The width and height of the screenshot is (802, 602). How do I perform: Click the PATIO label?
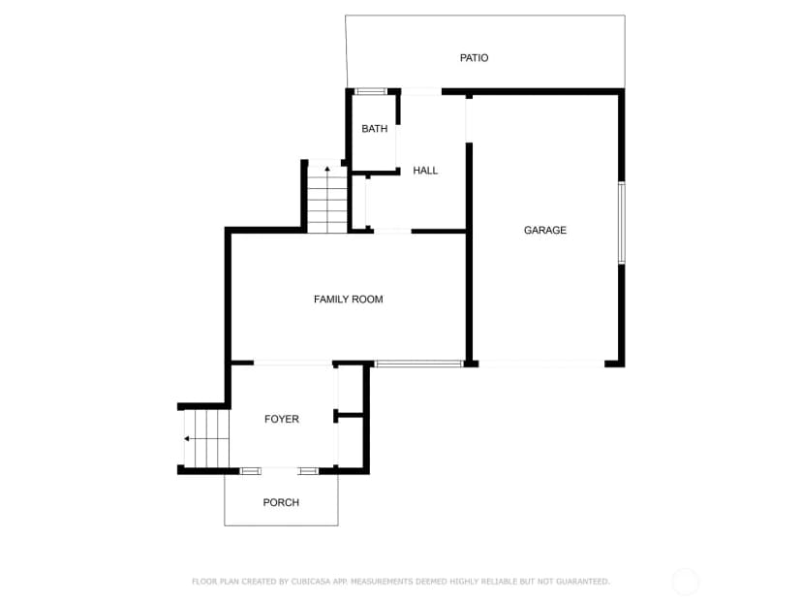click(474, 58)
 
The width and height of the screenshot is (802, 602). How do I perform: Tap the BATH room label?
click(375, 129)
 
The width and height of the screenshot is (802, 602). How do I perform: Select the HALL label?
click(425, 171)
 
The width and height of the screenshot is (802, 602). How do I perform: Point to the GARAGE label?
click(544, 231)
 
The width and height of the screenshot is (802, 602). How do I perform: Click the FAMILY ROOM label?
click(349, 299)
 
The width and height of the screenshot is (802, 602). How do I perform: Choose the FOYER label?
click(281, 419)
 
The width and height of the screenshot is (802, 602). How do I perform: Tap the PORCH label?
click(281, 502)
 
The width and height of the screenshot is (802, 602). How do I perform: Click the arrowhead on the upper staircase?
click(327, 169)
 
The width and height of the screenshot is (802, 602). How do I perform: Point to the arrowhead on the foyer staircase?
click(187, 439)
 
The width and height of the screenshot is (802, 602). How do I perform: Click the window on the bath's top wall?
click(371, 92)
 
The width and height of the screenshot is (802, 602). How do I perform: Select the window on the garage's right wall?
click(622, 223)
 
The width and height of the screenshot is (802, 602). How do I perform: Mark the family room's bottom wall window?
click(418, 364)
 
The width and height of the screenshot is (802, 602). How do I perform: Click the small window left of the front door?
click(250, 471)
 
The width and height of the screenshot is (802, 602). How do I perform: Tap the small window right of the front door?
click(308, 471)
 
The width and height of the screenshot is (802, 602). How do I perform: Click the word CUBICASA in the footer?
click(312, 582)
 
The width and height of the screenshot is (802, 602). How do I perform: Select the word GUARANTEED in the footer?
click(582, 582)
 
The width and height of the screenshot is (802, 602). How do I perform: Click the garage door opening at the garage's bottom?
click(541, 364)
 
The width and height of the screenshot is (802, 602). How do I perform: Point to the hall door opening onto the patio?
click(421, 92)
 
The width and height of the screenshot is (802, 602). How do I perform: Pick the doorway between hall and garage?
click(469, 120)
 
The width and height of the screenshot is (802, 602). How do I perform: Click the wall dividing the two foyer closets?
click(350, 415)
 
